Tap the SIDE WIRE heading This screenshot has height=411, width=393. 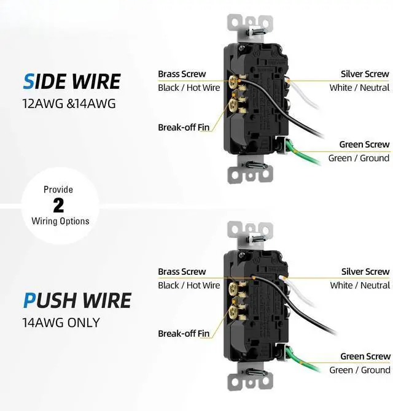click(x=71, y=82)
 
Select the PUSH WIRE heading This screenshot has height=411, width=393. click(x=77, y=301)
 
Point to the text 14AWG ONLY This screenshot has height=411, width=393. click(x=61, y=322)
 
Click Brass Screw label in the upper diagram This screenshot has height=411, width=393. click(x=182, y=74)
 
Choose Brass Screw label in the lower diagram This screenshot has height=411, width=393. click(x=182, y=272)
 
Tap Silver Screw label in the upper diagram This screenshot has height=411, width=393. click(x=365, y=74)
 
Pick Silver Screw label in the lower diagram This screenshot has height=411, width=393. click(x=365, y=272)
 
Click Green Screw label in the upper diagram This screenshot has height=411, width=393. click(x=364, y=145)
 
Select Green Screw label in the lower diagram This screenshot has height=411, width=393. click(x=365, y=356)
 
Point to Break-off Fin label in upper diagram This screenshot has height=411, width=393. click(x=184, y=128)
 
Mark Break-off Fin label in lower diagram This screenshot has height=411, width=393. click(x=184, y=334)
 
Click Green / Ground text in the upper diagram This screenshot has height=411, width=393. click(x=359, y=158)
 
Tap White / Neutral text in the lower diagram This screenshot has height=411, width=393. click(x=359, y=285)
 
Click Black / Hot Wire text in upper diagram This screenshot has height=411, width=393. click(x=189, y=88)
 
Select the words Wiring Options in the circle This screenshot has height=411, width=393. click(x=60, y=221)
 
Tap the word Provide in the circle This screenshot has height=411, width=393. click(x=58, y=190)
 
